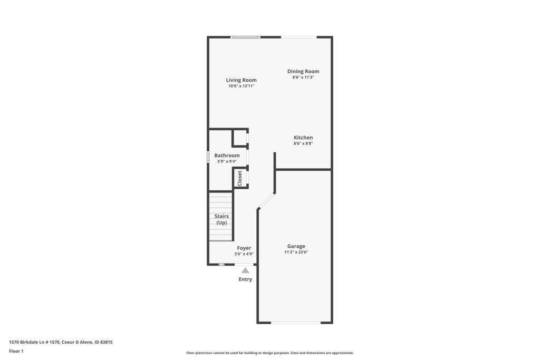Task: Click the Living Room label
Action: [241, 80]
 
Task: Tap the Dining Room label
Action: [303, 71]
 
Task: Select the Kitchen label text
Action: [303, 138]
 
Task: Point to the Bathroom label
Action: [227, 155]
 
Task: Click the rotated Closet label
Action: [240, 178]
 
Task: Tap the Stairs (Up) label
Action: [221, 220]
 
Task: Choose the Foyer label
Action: [244, 248]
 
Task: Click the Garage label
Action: [296, 247]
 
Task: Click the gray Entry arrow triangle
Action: [245, 270]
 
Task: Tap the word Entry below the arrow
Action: [245, 279]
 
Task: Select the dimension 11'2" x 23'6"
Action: [296, 252]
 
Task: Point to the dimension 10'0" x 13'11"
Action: [241, 86]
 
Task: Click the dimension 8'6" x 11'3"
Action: [303, 77]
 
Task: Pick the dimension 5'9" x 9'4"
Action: [227, 161]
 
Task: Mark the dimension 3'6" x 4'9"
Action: [244, 254]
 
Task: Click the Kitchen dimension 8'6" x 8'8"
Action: [303, 143]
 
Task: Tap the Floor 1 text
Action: [16, 351]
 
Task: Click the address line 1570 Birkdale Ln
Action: [61, 342]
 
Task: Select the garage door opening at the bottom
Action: [296, 323]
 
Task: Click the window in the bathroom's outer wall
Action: [208, 157]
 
